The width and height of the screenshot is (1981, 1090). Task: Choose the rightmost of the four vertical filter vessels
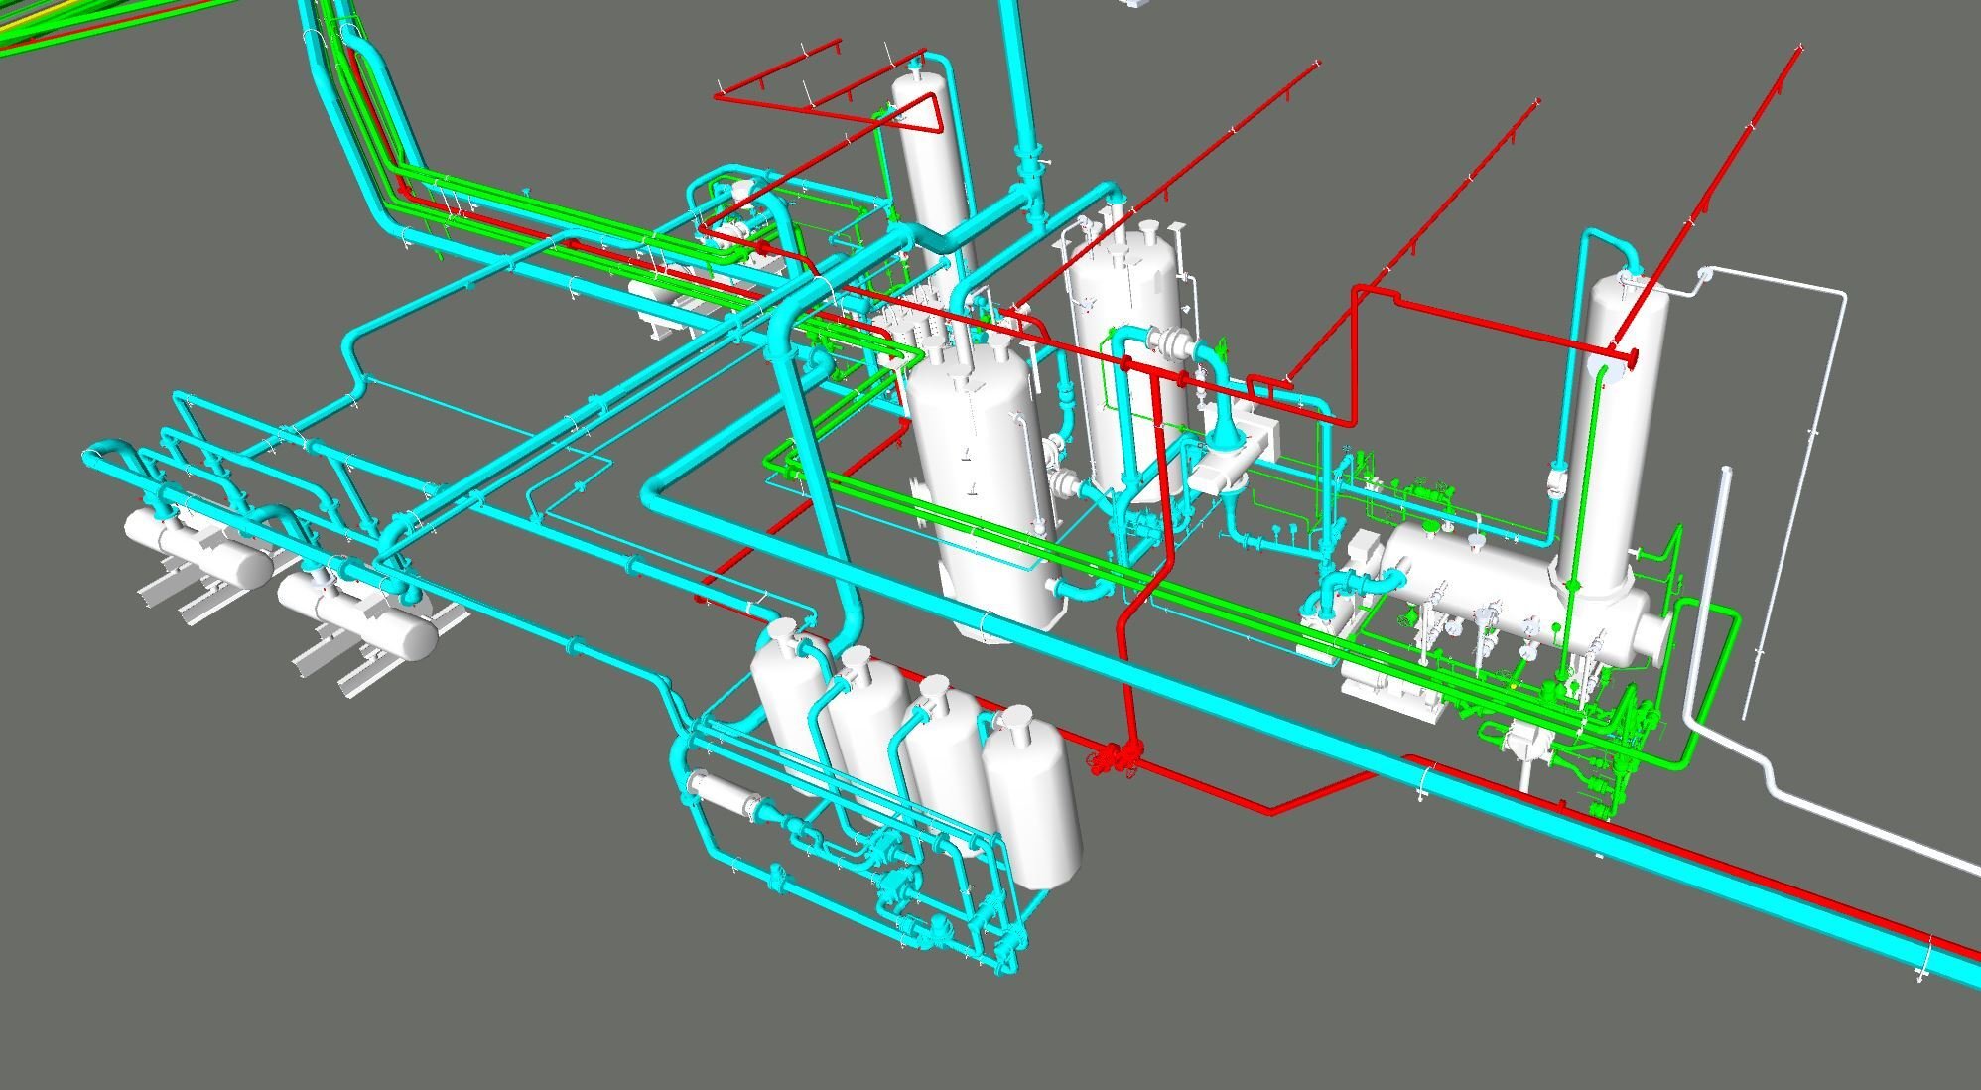click(x=1032, y=794)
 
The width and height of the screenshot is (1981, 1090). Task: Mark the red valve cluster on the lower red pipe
click(x=1117, y=760)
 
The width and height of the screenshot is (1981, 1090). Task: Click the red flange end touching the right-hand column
click(x=1628, y=355)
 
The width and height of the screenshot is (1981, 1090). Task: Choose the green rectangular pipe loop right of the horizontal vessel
click(x=1717, y=685)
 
